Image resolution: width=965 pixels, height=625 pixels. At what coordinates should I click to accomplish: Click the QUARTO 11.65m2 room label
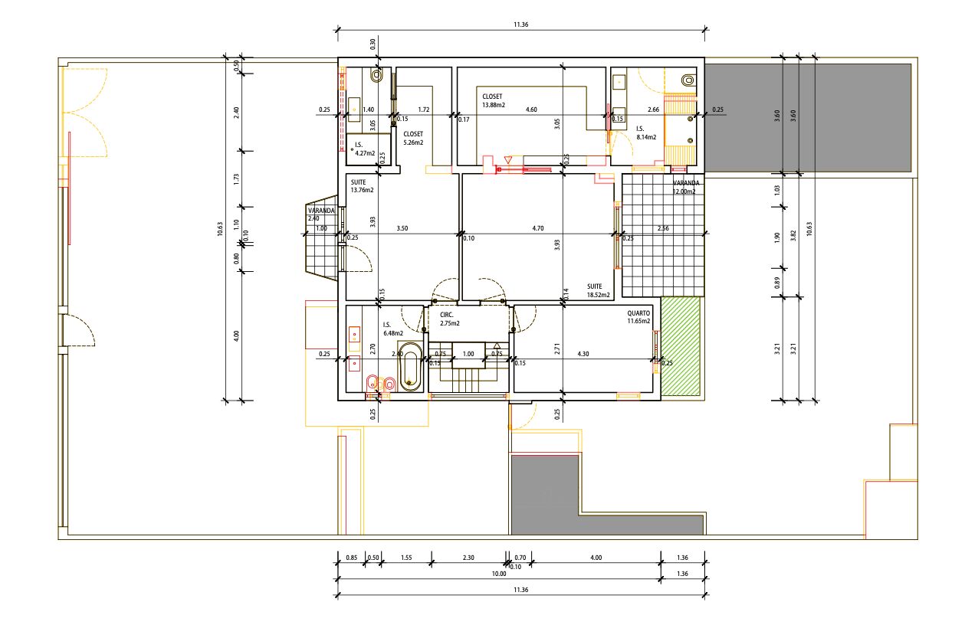tap(638, 317)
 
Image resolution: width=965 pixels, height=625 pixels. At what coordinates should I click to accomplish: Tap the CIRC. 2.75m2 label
tap(450, 319)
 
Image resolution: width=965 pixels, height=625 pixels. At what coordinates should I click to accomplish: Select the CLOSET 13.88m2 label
tap(494, 101)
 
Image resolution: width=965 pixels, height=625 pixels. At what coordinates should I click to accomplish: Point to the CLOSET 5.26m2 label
tap(413, 138)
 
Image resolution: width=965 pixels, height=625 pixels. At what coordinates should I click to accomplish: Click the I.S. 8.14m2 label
tap(646, 133)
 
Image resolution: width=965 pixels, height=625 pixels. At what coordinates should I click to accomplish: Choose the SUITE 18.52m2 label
tap(599, 290)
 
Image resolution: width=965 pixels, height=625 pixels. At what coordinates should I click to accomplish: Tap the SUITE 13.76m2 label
tap(362, 186)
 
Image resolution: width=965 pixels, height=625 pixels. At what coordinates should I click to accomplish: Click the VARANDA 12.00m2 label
tap(686, 187)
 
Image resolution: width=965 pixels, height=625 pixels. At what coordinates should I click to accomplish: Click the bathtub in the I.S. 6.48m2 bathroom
tap(410, 367)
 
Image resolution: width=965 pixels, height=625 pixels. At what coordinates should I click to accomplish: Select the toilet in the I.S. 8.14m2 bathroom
tap(689, 80)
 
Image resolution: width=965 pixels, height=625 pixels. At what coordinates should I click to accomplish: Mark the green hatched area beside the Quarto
tap(681, 346)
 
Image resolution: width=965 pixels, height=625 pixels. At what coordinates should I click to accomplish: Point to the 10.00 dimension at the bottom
tap(499, 574)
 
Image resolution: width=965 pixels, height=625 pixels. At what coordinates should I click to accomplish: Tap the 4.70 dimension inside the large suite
tap(538, 228)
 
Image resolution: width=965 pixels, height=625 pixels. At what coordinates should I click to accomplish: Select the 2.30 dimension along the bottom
tap(468, 558)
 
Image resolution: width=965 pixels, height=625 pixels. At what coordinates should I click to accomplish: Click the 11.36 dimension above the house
tap(521, 25)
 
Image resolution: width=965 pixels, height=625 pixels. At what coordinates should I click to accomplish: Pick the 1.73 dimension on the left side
tap(236, 179)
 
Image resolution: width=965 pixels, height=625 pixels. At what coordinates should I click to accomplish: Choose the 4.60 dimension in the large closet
tap(531, 110)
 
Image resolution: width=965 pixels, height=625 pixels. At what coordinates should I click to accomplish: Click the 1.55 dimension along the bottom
tap(406, 558)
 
